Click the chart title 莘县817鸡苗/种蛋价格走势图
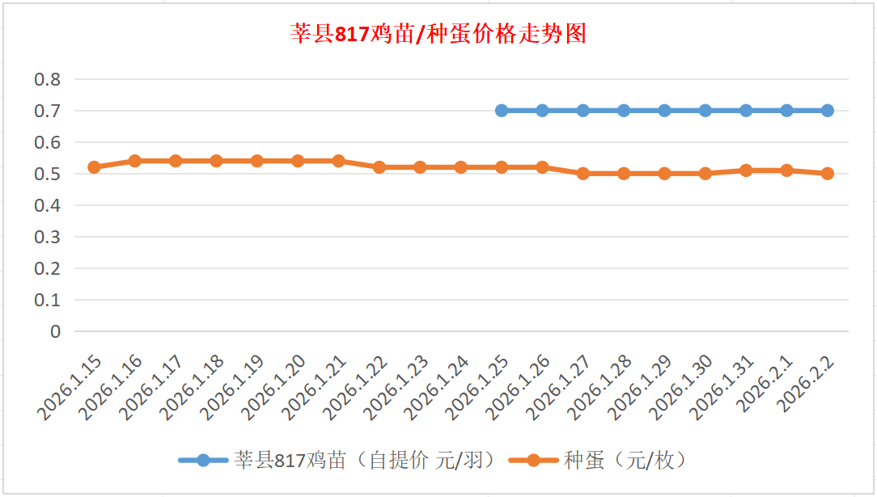438,34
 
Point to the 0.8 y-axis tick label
47,79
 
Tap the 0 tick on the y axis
55,331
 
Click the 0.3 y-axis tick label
47,237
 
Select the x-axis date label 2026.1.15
71,388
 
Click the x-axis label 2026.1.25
479,388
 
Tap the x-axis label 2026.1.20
275,388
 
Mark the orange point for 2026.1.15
94,167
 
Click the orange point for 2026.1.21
338,161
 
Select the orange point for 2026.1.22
379,167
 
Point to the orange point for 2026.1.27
583,174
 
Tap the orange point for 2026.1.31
746,171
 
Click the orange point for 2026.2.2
828,174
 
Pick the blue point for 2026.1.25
502,111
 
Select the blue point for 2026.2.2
828,111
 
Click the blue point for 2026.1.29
664,111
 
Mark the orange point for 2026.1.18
216,161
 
